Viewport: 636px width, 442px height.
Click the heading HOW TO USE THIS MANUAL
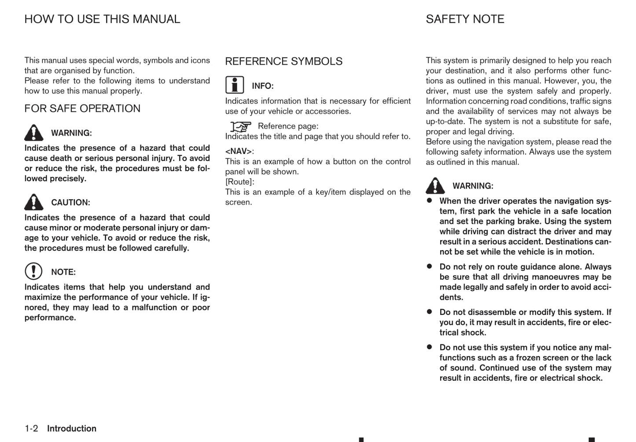102,19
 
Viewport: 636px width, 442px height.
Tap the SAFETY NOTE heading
465,19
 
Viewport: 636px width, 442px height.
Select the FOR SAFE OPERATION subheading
82,109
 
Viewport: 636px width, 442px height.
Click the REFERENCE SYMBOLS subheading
283,62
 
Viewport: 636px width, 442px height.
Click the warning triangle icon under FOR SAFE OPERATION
34,132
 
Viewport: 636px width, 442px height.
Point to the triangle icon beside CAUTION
34,202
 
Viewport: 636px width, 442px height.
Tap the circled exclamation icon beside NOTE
33,271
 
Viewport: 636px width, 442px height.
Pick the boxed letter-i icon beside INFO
235,85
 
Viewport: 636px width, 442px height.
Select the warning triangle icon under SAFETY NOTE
435,186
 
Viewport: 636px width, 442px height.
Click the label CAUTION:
70,203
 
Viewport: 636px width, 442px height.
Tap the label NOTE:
63,272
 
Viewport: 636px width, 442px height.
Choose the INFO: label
263,86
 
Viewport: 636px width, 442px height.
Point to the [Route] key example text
239,182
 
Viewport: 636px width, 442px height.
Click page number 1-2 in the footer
31,428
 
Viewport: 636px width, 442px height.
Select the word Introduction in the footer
72,428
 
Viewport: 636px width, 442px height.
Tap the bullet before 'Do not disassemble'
430,311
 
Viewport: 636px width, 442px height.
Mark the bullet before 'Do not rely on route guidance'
430,266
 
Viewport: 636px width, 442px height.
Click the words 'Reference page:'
288,126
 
